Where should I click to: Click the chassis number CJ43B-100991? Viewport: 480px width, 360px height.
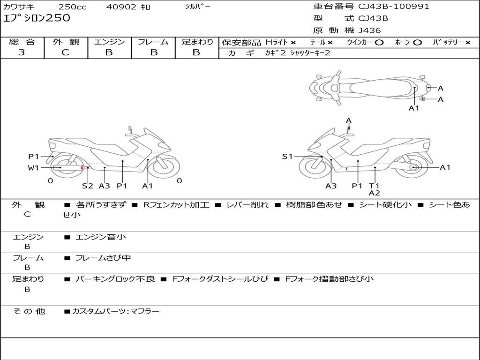coord(394,7)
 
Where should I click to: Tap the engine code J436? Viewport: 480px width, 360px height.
coord(370,30)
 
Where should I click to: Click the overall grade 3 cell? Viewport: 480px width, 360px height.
coord(22,52)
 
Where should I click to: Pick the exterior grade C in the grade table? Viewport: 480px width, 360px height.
coord(65,52)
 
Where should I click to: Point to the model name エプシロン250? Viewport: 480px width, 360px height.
coord(37,18)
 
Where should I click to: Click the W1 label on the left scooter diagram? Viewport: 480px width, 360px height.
coord(33,168)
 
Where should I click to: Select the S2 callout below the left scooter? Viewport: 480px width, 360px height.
coord(88,186)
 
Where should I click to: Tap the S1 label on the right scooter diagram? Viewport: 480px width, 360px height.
coord(287,157)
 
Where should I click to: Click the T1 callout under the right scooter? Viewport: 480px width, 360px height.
coord(374,186)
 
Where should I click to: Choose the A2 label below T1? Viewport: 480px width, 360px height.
coord(374,193)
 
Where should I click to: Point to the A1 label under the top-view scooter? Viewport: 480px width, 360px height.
coord(414,108)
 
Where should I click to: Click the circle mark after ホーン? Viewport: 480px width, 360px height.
coord(418,43)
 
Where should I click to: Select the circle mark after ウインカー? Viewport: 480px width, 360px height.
coord(379,43)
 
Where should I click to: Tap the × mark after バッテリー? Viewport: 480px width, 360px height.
coord(467,43)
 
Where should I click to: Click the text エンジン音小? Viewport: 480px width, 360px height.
coord(101,237)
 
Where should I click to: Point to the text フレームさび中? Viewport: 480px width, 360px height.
coord(103,258)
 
